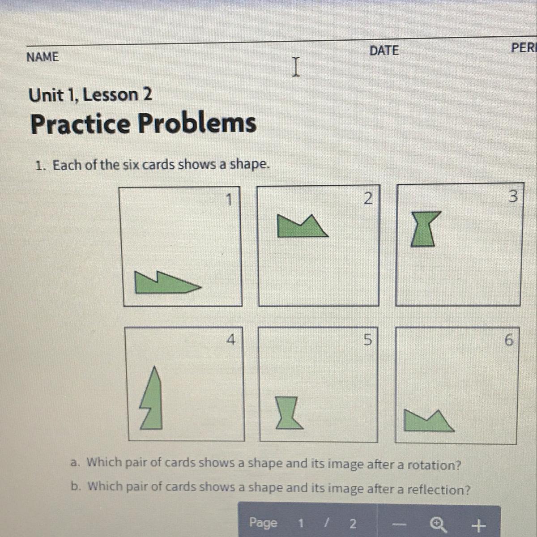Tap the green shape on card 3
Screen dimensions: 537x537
(424, 229)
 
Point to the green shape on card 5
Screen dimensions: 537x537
(289, 413)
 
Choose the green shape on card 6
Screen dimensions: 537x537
(426, 422)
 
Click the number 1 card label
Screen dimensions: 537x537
(229, 200)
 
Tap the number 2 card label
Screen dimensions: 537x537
(368, 198)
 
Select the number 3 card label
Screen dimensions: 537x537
(513, 196)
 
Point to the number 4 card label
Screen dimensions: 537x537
(231, 339)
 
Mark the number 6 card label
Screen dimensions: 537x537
(509, 340)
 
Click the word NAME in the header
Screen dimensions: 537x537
(43, 57)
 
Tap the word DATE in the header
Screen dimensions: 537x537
(384, 51)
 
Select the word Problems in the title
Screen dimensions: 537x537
(197, 124)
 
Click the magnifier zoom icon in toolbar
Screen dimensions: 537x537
(439, 524)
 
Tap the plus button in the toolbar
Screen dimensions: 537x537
(478, 525)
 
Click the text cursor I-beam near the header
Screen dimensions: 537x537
(296, 67)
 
